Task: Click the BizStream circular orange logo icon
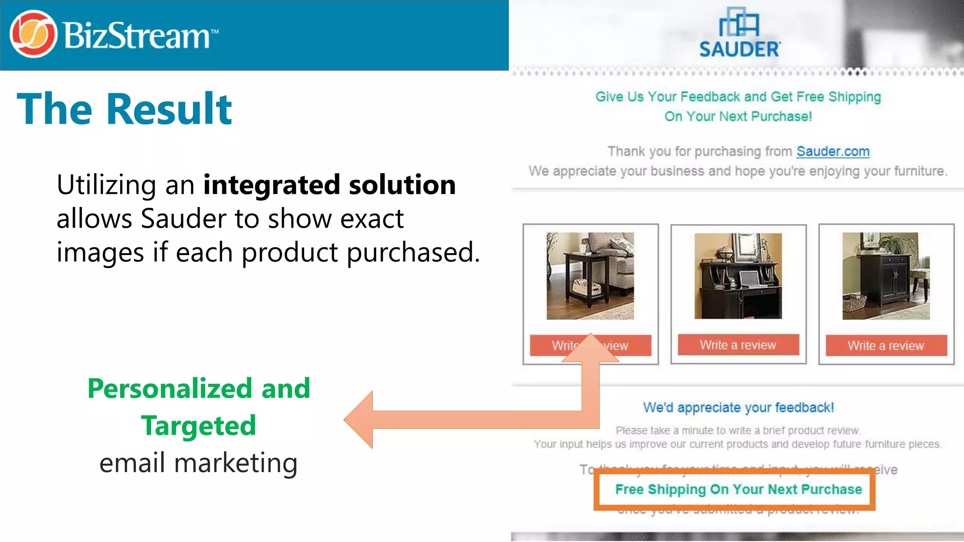[x=33, y=34]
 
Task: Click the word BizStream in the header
[x=137, y=36]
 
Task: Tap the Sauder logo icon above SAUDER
[x=739, y=22]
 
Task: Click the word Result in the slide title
[x=169, y=109]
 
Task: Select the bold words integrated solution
[x=329, y=184]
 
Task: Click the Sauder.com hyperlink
[x=833, y=151]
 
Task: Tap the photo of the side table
[x=590, y=276]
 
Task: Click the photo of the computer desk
[x=738, y=276]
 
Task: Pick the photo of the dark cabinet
[x=886, y=276]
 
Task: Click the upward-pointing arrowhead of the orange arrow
[x=591, y=348]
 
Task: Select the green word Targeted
[x=198, y=426]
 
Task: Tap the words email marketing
[x=198, y=463]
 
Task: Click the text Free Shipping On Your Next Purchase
[x=738, y=489]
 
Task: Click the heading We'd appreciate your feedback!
[x=738, y=407]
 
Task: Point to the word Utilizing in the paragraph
[x=106, y=184]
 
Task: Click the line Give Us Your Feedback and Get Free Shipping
[x=738, y=97]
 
